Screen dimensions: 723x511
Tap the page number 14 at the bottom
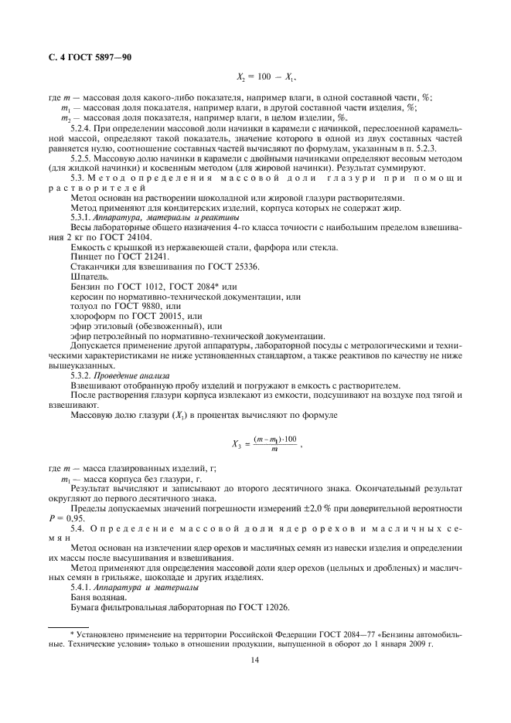255,660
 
